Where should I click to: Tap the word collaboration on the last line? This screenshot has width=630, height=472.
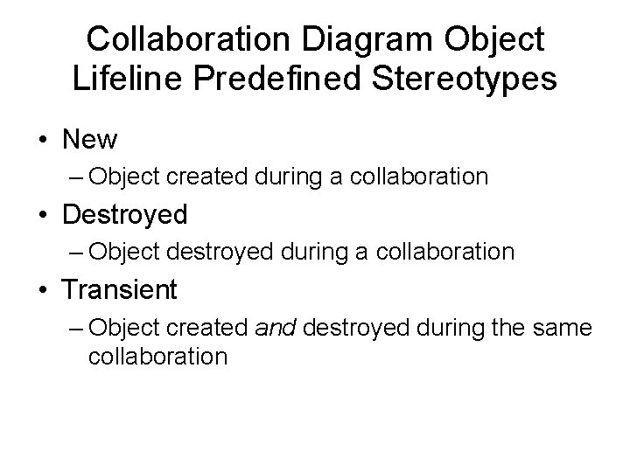point(157,357)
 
